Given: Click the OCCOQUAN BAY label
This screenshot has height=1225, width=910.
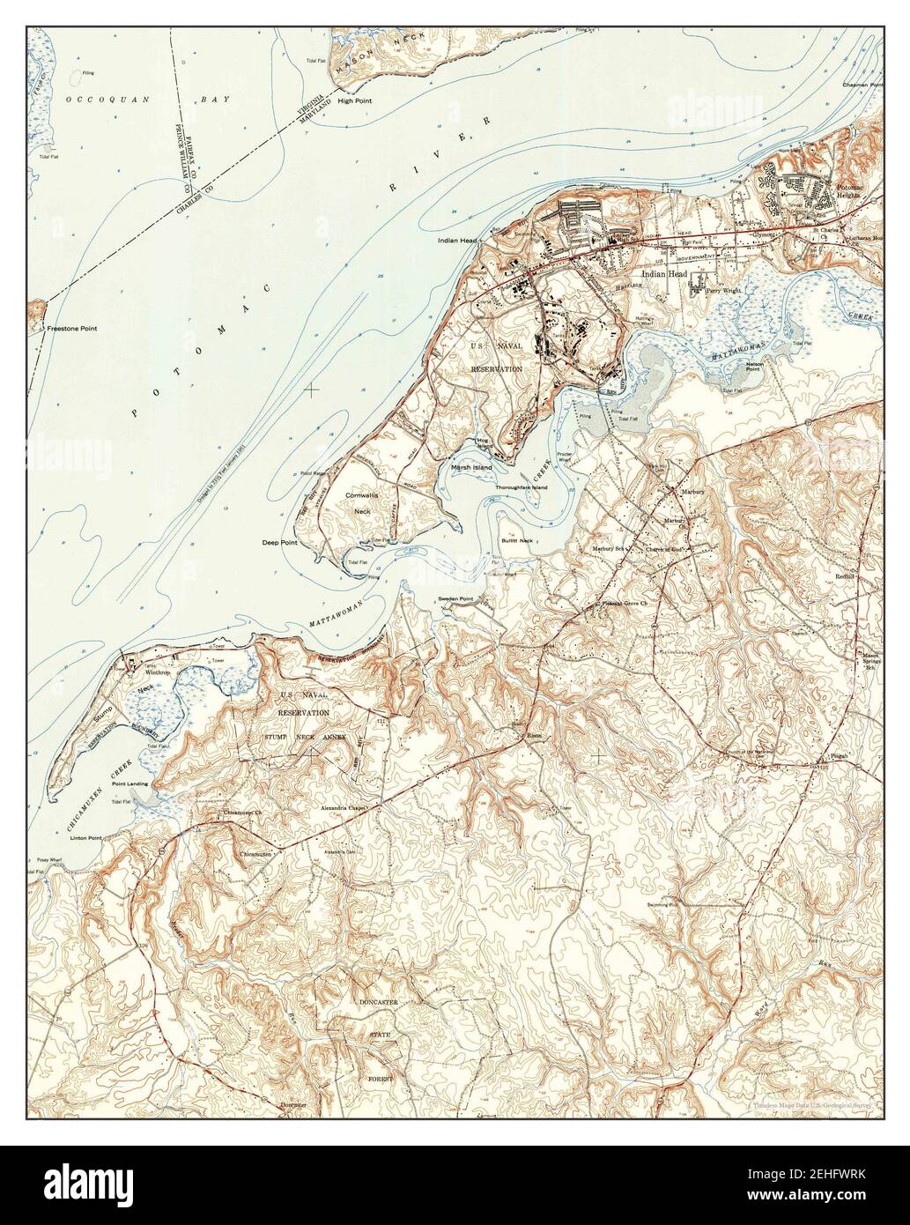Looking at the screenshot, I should tap(148, 100).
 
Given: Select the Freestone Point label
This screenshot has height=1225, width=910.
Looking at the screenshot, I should tap(72, 328).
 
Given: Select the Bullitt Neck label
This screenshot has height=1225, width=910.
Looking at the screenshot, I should tap(514, 539).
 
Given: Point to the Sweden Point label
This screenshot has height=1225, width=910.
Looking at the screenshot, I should tap(456, 599).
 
